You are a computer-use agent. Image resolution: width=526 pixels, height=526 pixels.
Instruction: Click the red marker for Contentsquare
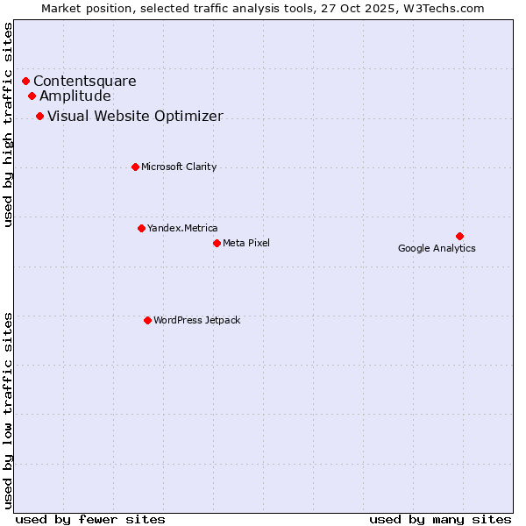[x=25, y=82]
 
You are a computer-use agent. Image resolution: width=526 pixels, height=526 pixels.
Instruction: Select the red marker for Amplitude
[x=32, y=96]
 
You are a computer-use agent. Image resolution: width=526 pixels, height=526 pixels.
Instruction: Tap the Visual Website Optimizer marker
[x=39, y=117]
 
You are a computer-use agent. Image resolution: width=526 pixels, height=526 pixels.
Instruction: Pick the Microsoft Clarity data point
[x=135, y=167]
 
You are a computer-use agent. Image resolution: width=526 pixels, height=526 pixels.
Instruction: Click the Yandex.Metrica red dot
[x=141, y=228]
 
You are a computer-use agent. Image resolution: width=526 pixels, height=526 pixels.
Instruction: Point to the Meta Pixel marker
[x=217, y=243]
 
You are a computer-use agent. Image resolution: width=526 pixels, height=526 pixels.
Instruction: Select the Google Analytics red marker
[x=459, y=236]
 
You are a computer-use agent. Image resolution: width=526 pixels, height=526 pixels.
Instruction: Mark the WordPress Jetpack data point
[x=147, y=320]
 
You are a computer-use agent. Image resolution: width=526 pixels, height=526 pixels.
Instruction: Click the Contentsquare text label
[x=85, y=82]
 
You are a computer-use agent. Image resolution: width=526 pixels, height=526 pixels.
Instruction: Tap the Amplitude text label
[x=75, y=96]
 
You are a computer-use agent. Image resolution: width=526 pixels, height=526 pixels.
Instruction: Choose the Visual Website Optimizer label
[x=135, y=117]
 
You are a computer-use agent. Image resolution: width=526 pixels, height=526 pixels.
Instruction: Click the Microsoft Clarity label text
[x=179, y=167]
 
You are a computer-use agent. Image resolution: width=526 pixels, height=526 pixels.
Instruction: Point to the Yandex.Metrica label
[x=182, y=228]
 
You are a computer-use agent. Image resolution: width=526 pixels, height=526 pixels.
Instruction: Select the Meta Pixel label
[x=246, y=243]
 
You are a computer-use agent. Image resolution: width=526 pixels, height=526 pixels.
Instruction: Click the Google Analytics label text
[x=437, y=248]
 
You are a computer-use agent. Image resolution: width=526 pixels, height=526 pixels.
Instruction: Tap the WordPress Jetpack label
[x=196, y=320]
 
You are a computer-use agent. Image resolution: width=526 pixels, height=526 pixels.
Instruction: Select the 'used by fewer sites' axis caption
[x=90, y=519]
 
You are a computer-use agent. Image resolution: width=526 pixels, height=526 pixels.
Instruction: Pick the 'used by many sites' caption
[x=440, y=519]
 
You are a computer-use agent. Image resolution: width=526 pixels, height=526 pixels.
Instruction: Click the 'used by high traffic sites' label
[x=9, y=124]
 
